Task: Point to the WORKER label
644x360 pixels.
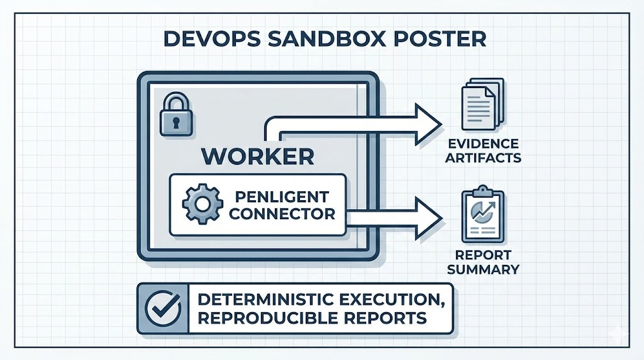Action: (x=258, y=155)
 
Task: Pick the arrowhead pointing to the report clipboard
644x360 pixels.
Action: (x=428, y=215)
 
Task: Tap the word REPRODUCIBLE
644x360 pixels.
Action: (x=265, y=318)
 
